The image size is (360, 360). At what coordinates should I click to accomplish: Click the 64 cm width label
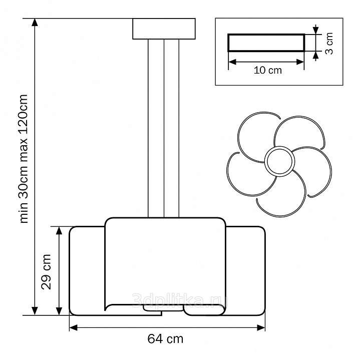click(165, 339)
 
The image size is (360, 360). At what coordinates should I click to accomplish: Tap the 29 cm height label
click(46, 272)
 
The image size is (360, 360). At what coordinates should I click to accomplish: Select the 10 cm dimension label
click(268, 70)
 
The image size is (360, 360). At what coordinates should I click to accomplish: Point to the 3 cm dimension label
click(329, 44)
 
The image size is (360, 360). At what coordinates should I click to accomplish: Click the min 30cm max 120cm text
click(24, 158)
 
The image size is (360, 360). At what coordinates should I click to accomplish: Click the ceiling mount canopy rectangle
click(164, 29)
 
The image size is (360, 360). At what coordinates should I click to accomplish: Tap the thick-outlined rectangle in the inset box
click(266, 43)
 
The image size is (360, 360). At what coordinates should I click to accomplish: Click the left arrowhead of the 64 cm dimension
click(74, 327)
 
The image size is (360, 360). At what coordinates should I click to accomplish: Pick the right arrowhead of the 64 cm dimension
click(261, 327)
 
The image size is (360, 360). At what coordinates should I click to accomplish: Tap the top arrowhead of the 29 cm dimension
click(59, 231)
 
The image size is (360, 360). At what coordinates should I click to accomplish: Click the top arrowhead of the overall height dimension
click(35, 23)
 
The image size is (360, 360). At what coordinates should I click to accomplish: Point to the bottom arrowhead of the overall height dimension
click(35, 311)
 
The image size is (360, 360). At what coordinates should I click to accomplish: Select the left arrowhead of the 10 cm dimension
click(232, 62)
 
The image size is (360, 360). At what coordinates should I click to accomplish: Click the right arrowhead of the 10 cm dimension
click(300, 62)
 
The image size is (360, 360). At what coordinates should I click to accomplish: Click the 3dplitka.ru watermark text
click(180, 300)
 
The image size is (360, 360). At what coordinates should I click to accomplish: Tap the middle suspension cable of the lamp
click(164, 128)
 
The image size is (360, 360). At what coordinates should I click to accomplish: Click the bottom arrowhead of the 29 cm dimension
click(59, 311)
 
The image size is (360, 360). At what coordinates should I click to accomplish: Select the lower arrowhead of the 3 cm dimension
click(316, 56)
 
